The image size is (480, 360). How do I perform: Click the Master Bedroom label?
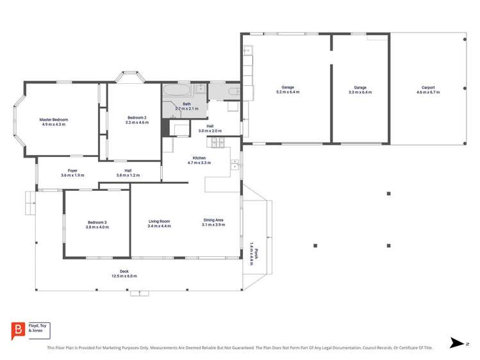coord(54,120)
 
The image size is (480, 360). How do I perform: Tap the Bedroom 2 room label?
coord(137,118)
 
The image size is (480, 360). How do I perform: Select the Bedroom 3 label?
coord(97,222)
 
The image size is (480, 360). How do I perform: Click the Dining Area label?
coord(213,222)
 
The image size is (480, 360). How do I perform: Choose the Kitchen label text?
coord(199,158)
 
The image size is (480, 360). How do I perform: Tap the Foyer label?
coord(73,170)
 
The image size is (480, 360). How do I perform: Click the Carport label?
coord(428,88)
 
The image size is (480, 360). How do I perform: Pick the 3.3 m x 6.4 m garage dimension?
coord(360,92)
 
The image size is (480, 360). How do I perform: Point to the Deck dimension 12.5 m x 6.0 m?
coord(124,276)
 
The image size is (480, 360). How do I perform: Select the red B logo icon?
coord(18,331)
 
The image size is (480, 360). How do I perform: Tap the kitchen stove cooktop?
coord(219,143)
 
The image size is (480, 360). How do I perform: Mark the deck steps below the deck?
coord(139,293)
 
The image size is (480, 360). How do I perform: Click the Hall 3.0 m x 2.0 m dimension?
coord(210,131)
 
